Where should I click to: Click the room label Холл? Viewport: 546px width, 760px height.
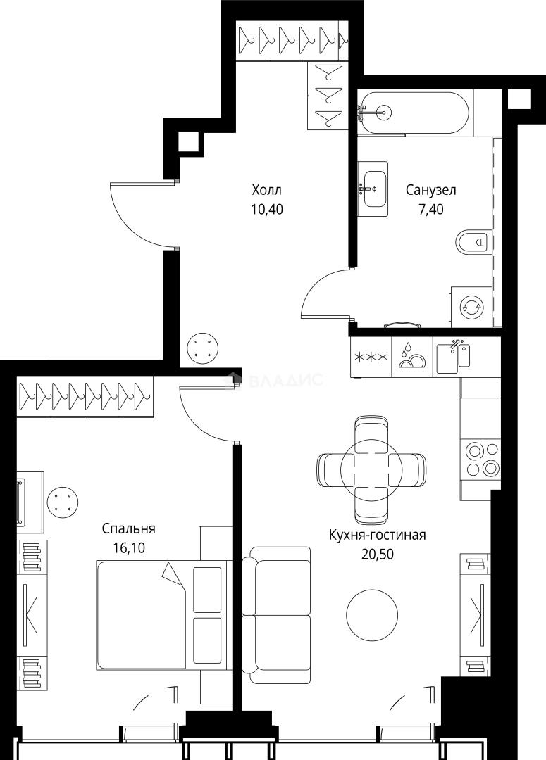pos(266,189)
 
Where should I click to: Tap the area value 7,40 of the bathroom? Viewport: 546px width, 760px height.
pos(431,210)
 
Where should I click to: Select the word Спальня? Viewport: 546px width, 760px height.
pos(129,528)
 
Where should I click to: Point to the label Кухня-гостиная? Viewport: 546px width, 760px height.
pos(377,535)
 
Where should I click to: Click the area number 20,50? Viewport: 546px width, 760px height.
pos(377,554)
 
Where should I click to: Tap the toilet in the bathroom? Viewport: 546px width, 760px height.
pos(471,241)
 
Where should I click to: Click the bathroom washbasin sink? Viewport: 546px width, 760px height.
pos(373,189)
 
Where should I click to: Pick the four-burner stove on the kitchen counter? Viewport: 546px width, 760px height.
pos(480,459)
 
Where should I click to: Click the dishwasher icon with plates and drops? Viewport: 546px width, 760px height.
pos(411,357)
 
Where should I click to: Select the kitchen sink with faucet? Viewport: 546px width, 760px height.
pos(453,357)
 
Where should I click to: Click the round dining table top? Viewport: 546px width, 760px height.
pos(372,468)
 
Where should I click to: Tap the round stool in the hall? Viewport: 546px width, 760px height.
pos(202,348)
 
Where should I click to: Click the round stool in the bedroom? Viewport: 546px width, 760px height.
pos(63,502)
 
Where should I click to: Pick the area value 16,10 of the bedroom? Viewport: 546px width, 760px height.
pos(129,547)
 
